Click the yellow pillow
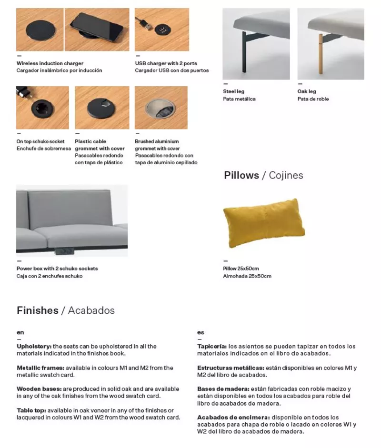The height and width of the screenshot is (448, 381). click(263, 223)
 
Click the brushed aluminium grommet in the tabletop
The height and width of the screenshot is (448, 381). click(160, 109)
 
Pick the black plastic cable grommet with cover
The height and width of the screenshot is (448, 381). click(101, 108)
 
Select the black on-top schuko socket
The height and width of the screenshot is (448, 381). click(42, 109)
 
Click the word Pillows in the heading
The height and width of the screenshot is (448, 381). click(241, 175)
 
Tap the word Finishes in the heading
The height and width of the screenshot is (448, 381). click(37, 310)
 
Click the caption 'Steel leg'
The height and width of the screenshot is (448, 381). click(233, 91)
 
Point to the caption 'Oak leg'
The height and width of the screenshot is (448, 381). click(307, 91)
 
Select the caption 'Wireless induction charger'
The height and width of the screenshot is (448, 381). click(50, 63)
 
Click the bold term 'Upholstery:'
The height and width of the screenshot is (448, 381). click(34, 346)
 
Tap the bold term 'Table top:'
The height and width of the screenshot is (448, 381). click(31, 410)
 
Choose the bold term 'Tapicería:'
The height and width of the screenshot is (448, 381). click(211, 346)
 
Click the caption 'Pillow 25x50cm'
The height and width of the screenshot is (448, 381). click(241, 269)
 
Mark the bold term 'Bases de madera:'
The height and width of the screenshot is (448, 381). click(222, 389)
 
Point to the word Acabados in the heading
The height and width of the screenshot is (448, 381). click(91, 310)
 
